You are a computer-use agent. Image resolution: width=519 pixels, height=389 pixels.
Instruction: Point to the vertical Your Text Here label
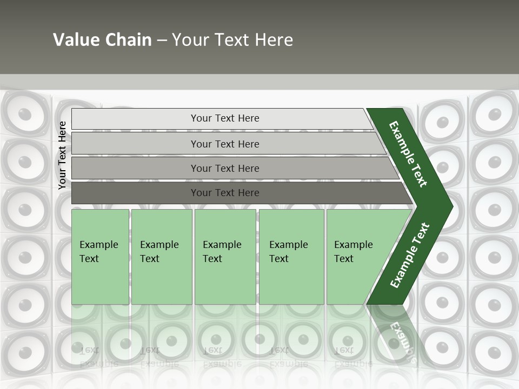click(62, 155)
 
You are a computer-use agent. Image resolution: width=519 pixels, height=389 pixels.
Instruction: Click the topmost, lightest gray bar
click(225, 118)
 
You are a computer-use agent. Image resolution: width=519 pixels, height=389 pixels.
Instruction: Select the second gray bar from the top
click(225, 144)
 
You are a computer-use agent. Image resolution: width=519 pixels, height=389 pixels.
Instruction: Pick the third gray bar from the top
click(225, 168)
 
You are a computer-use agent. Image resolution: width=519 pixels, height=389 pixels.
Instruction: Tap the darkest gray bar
click(225, 193)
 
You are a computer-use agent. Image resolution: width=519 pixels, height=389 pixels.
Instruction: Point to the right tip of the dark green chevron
click(450, 206)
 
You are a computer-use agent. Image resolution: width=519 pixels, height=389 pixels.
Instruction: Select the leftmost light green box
click(100, 257)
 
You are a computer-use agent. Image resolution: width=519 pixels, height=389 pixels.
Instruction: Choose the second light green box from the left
click(161, 257)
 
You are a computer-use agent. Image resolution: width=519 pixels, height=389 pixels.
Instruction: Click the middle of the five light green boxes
click(225, 257)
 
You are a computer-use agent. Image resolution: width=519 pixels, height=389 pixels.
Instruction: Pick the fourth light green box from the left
click(291, 257)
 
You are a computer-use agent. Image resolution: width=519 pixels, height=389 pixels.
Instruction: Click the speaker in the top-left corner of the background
click(24, 115)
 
